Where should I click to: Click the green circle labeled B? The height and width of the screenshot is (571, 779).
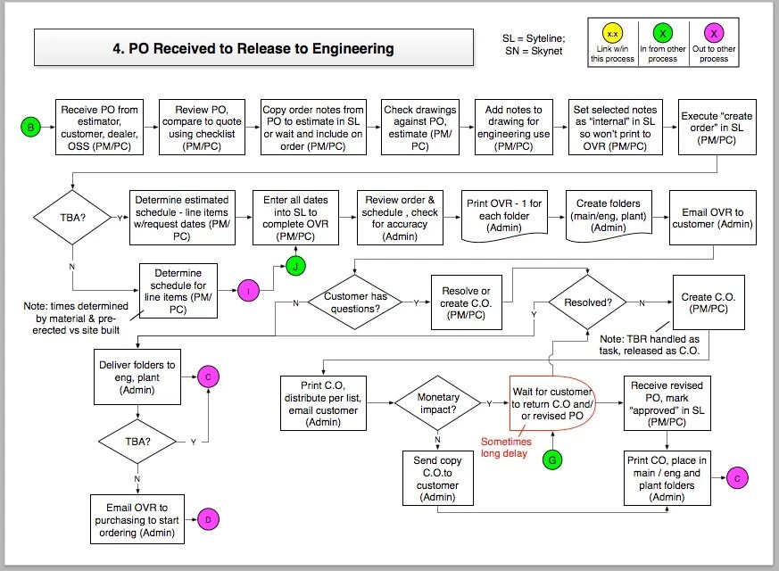tap(31, 128)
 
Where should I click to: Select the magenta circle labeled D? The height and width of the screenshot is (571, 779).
tap(207, 519)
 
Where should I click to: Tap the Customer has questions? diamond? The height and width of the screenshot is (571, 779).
tap(356, 303)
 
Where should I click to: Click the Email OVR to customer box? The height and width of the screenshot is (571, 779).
tap(713, 217)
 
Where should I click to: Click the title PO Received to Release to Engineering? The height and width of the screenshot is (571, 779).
tap(253, 48)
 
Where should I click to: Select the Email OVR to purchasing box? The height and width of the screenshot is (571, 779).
tap(137, 519)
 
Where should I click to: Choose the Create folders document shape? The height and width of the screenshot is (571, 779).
tap(609, 216)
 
